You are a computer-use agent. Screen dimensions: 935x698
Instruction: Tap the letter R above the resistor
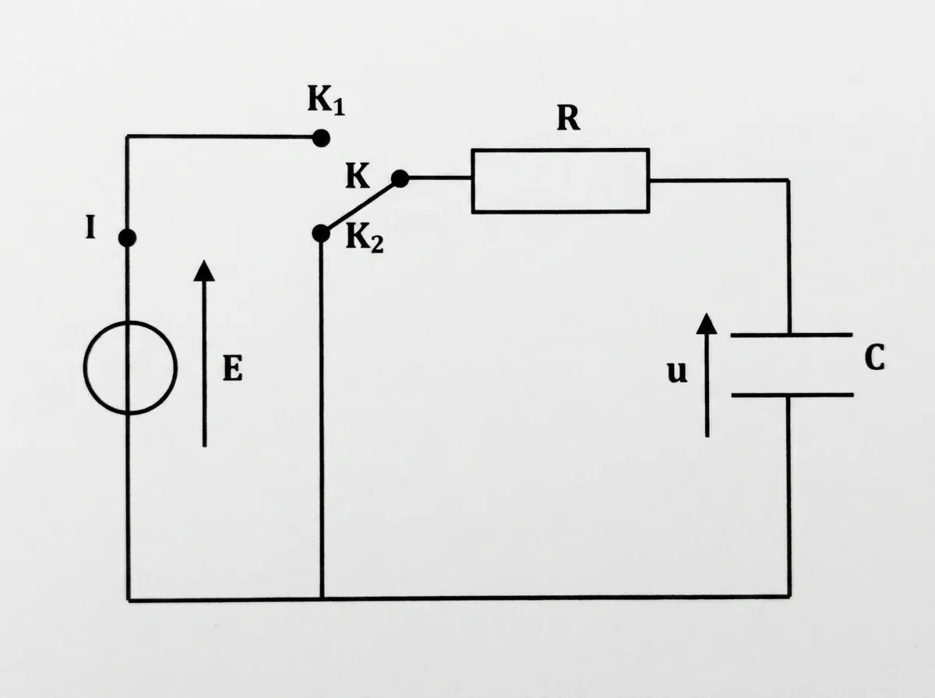click(568, 118)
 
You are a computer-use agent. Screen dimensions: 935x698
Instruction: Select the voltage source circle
click(84, 368)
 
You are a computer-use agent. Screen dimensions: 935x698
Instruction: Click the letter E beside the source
click(232, 368)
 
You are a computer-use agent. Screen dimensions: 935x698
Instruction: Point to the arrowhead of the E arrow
click(204, 271)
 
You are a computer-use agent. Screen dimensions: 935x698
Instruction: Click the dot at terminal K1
click(321, 138)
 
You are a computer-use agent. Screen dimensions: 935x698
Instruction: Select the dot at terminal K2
click(321, 234)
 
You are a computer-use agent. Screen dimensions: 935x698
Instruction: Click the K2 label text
click(364, 238)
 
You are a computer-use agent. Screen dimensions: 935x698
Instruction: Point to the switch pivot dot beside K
click(400, 178)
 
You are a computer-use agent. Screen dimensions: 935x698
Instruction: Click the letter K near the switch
click(358, 175)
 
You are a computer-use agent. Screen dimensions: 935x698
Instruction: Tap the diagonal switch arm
click(361, 206)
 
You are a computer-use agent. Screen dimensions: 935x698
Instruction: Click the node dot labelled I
click(127, 238)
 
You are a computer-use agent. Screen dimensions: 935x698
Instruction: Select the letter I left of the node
click(90, 227)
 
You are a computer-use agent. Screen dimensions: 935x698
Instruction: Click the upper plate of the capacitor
click(792, 335)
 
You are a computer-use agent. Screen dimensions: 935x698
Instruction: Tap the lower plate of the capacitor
click(792, 395)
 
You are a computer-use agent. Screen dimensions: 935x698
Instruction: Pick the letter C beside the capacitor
click(874, 357)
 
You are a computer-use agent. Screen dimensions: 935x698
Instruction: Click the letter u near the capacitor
click(677, 372)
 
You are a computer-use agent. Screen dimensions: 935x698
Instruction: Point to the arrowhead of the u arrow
click(707, 323)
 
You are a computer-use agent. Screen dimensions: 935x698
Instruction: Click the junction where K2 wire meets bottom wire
click(322, 599)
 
